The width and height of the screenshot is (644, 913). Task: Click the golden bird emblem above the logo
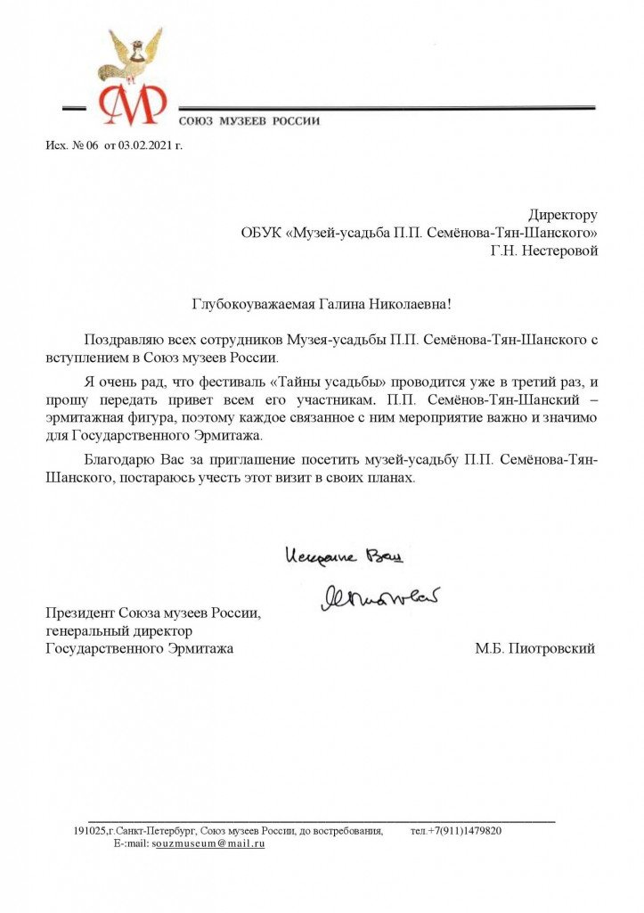pos(136,54)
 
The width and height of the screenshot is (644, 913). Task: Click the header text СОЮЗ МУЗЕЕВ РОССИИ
pos(249,120)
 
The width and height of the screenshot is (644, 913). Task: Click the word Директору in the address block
pos(562,215)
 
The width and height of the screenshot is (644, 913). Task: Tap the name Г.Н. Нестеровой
pos(544,251)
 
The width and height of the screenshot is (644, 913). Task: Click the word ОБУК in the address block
pos(260,233)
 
